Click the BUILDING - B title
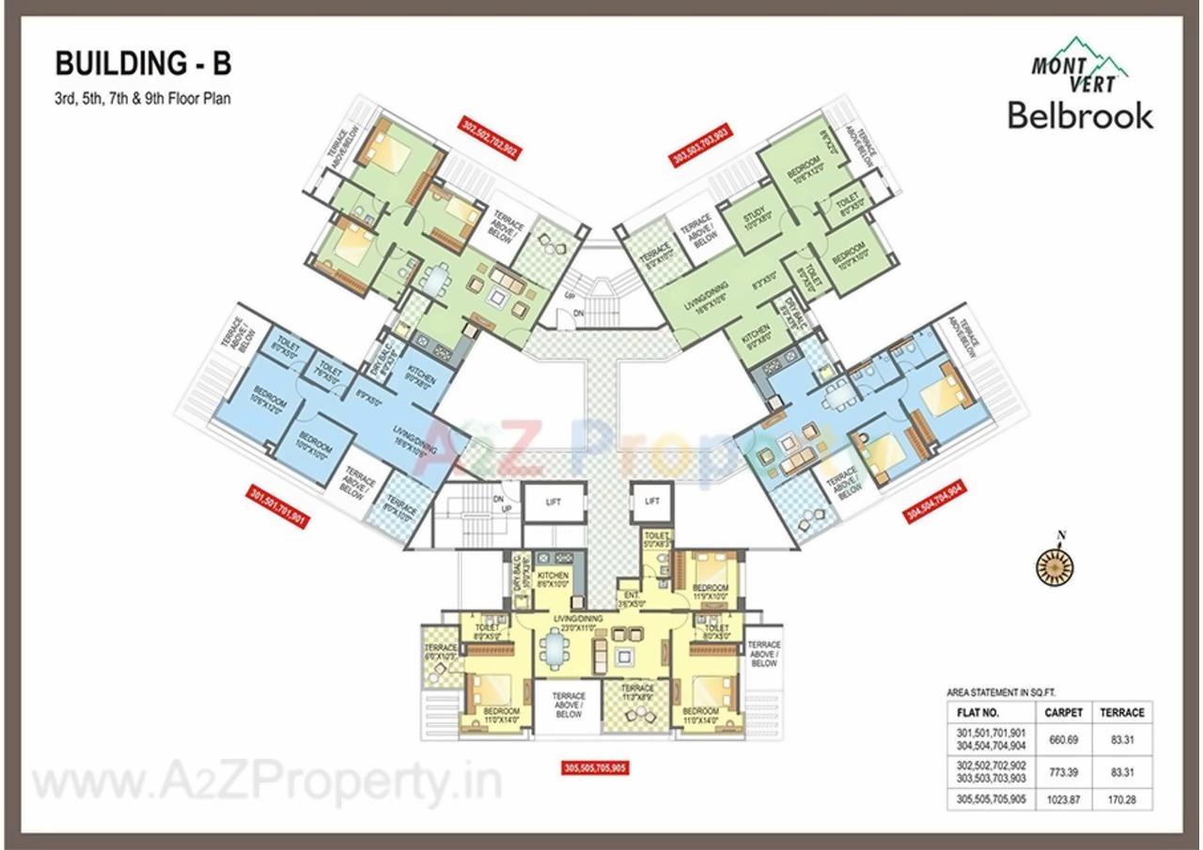[x=143, y=64]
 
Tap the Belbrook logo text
[x=1080, y=116]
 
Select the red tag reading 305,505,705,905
[x=593, y=767]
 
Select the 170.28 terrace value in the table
[x=1122, y=802]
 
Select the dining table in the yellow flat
[x=552, y=647]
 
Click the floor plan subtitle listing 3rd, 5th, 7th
[x=142, y=97]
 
